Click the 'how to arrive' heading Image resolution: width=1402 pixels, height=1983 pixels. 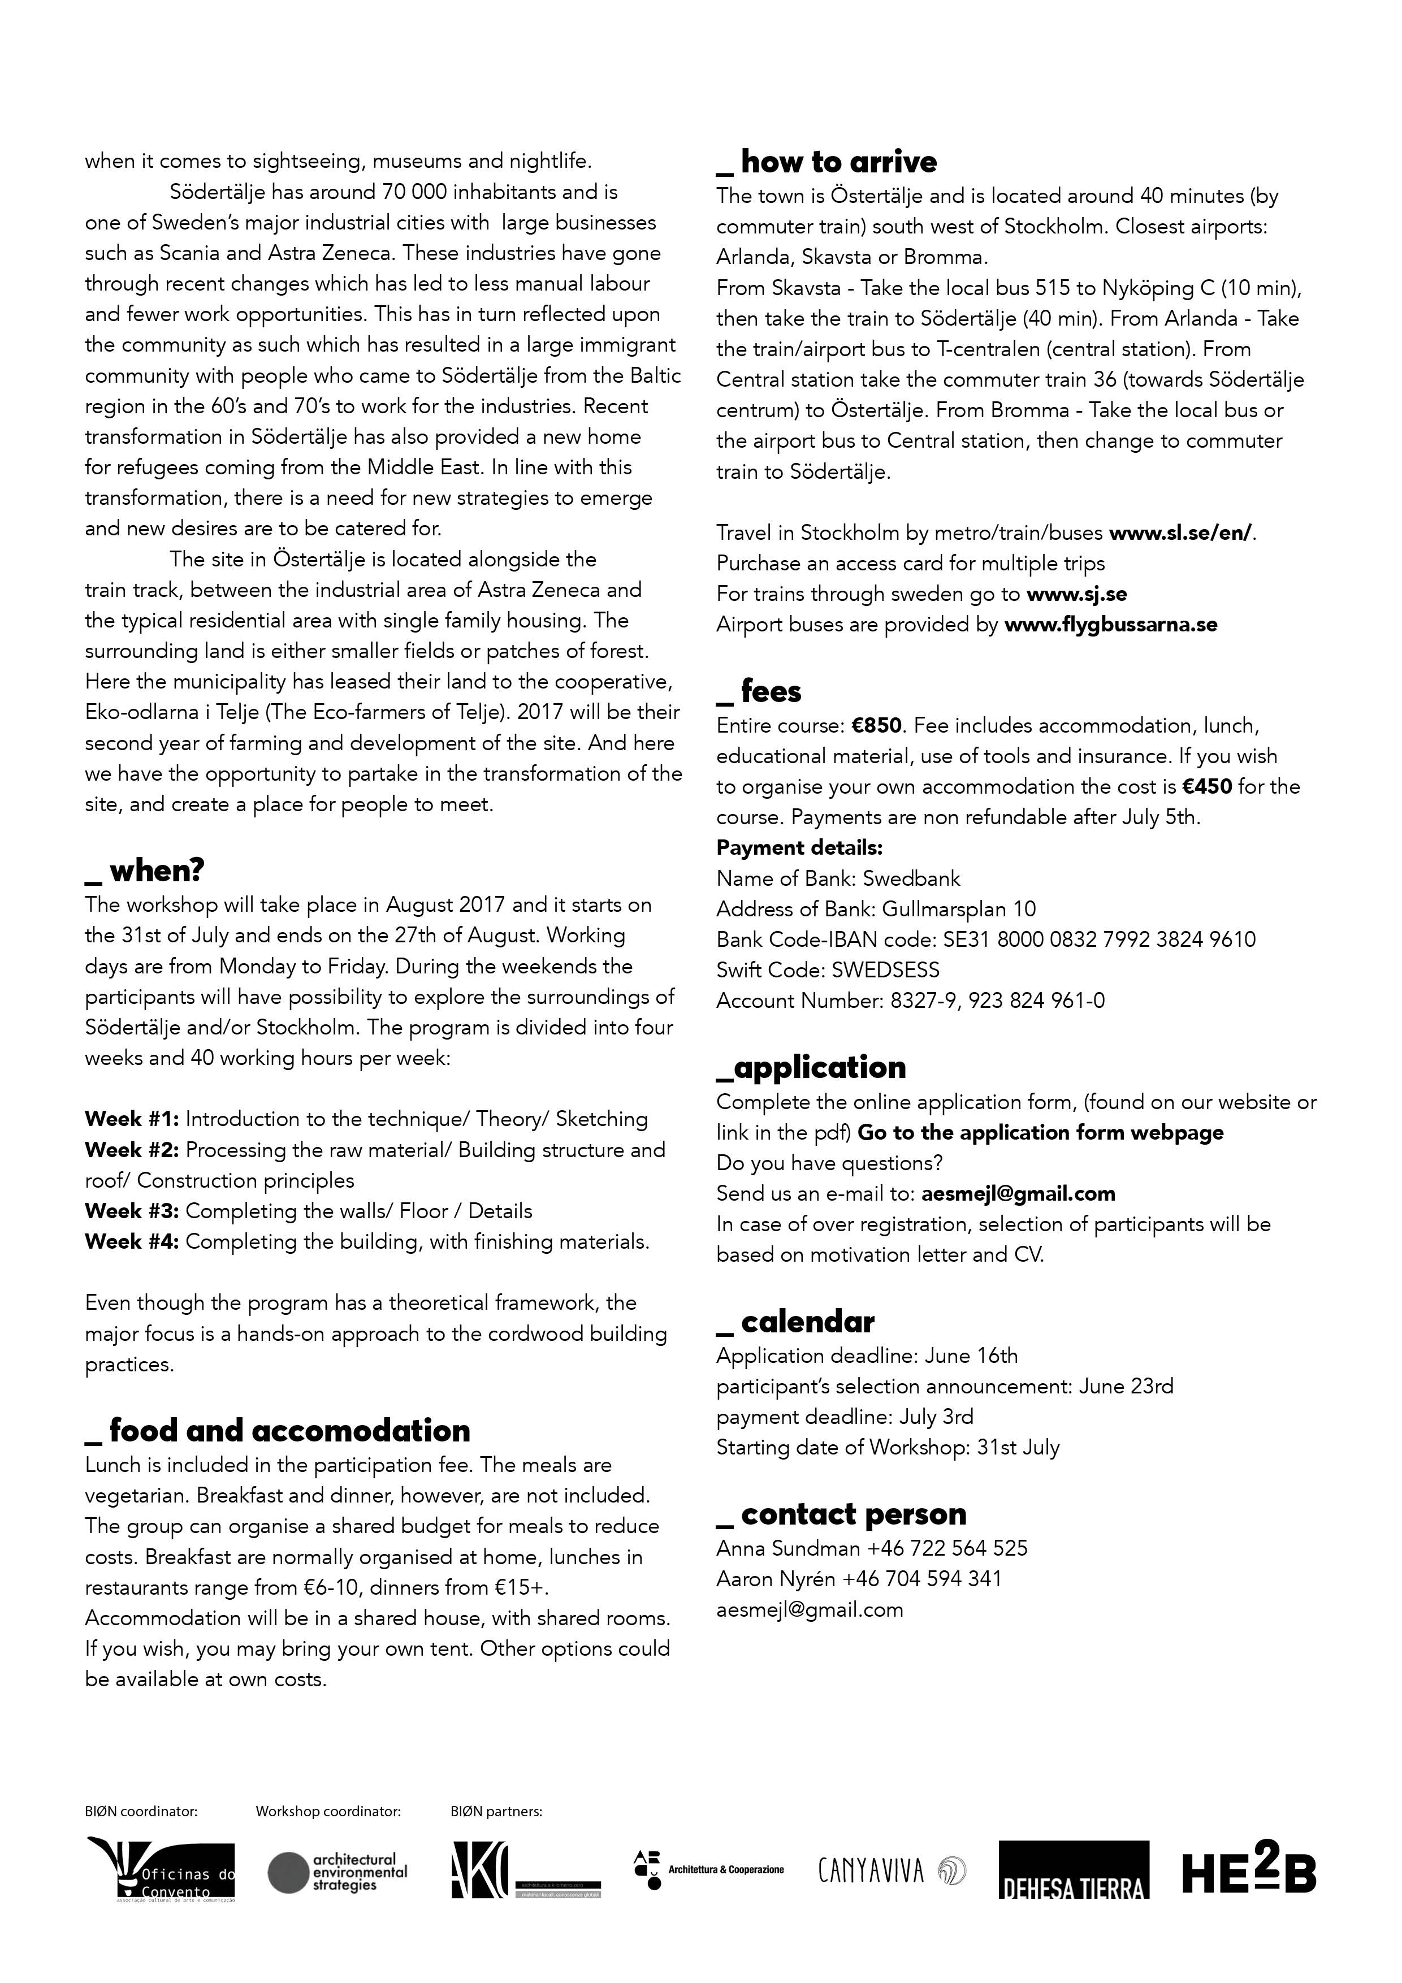838,162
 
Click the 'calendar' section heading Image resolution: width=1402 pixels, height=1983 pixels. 807,1322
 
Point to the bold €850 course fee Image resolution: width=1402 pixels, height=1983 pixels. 876,725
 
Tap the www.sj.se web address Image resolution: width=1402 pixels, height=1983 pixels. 1076,594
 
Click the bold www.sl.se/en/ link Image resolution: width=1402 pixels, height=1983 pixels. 1180,533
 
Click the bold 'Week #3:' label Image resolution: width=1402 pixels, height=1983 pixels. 132,1211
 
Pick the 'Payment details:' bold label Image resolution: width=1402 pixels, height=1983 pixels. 799,847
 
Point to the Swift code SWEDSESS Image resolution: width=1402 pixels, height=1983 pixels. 885,970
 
